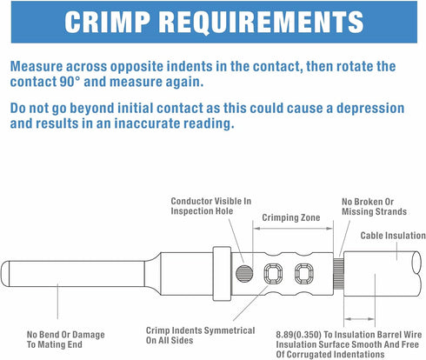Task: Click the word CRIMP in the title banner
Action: tap(108, 23)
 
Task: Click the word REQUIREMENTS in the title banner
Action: tap(261, 23)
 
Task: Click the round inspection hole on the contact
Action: tap(244, 273)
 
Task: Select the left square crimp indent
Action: tap(273, 274)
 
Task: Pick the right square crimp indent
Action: tap(304, 274)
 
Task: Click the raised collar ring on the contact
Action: tap(222, 274)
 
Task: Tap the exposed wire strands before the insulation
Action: tap(338, 274)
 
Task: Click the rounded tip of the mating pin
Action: tap(4, 274)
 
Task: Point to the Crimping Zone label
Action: tap(291, 217)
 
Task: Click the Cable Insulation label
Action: tap(393, 236)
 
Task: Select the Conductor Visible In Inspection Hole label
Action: tap(211, 206)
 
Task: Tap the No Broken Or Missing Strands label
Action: tap(374, 206)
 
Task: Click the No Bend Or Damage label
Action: tap(66, 339)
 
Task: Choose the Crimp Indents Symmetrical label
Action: tap(201, 335)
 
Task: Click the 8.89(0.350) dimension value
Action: tap(298, 335)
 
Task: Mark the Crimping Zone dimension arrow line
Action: tap(293, 229)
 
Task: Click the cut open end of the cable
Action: tap(416, 263)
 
